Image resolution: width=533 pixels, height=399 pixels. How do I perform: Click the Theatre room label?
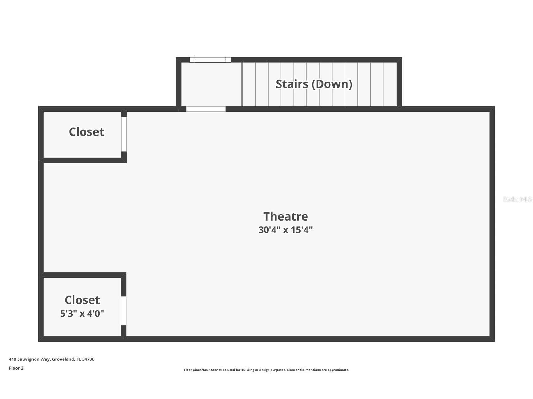(286, 216)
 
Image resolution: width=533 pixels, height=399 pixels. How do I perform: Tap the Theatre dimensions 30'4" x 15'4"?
(286, 230)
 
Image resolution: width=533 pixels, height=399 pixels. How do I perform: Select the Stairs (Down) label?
(314, 84)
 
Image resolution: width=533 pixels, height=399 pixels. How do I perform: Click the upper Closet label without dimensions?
(86, 132)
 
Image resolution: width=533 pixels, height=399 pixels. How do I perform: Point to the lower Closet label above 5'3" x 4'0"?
(82, 300)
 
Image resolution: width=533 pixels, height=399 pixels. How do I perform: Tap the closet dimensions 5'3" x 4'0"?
(82, 313)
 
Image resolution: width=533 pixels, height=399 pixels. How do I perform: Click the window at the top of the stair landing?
(210, 60)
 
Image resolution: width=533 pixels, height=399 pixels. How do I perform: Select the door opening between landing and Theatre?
(206, 109)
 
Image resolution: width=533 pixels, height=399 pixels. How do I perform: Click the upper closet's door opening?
(124, 134)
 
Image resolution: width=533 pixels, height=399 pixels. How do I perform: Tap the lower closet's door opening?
(124, 311)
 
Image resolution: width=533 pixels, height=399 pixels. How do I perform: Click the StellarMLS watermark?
(517, 199)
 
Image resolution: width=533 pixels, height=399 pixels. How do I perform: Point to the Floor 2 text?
(16, 368)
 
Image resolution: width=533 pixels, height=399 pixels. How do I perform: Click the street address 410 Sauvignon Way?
(30, 359)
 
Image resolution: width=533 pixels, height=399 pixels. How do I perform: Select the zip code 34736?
(88, 359)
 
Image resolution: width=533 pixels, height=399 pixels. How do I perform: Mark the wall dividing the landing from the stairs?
(242, 84)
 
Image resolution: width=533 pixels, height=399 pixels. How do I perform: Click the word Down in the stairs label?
(333, 84)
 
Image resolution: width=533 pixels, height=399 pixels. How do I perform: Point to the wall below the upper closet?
(82, 161)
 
